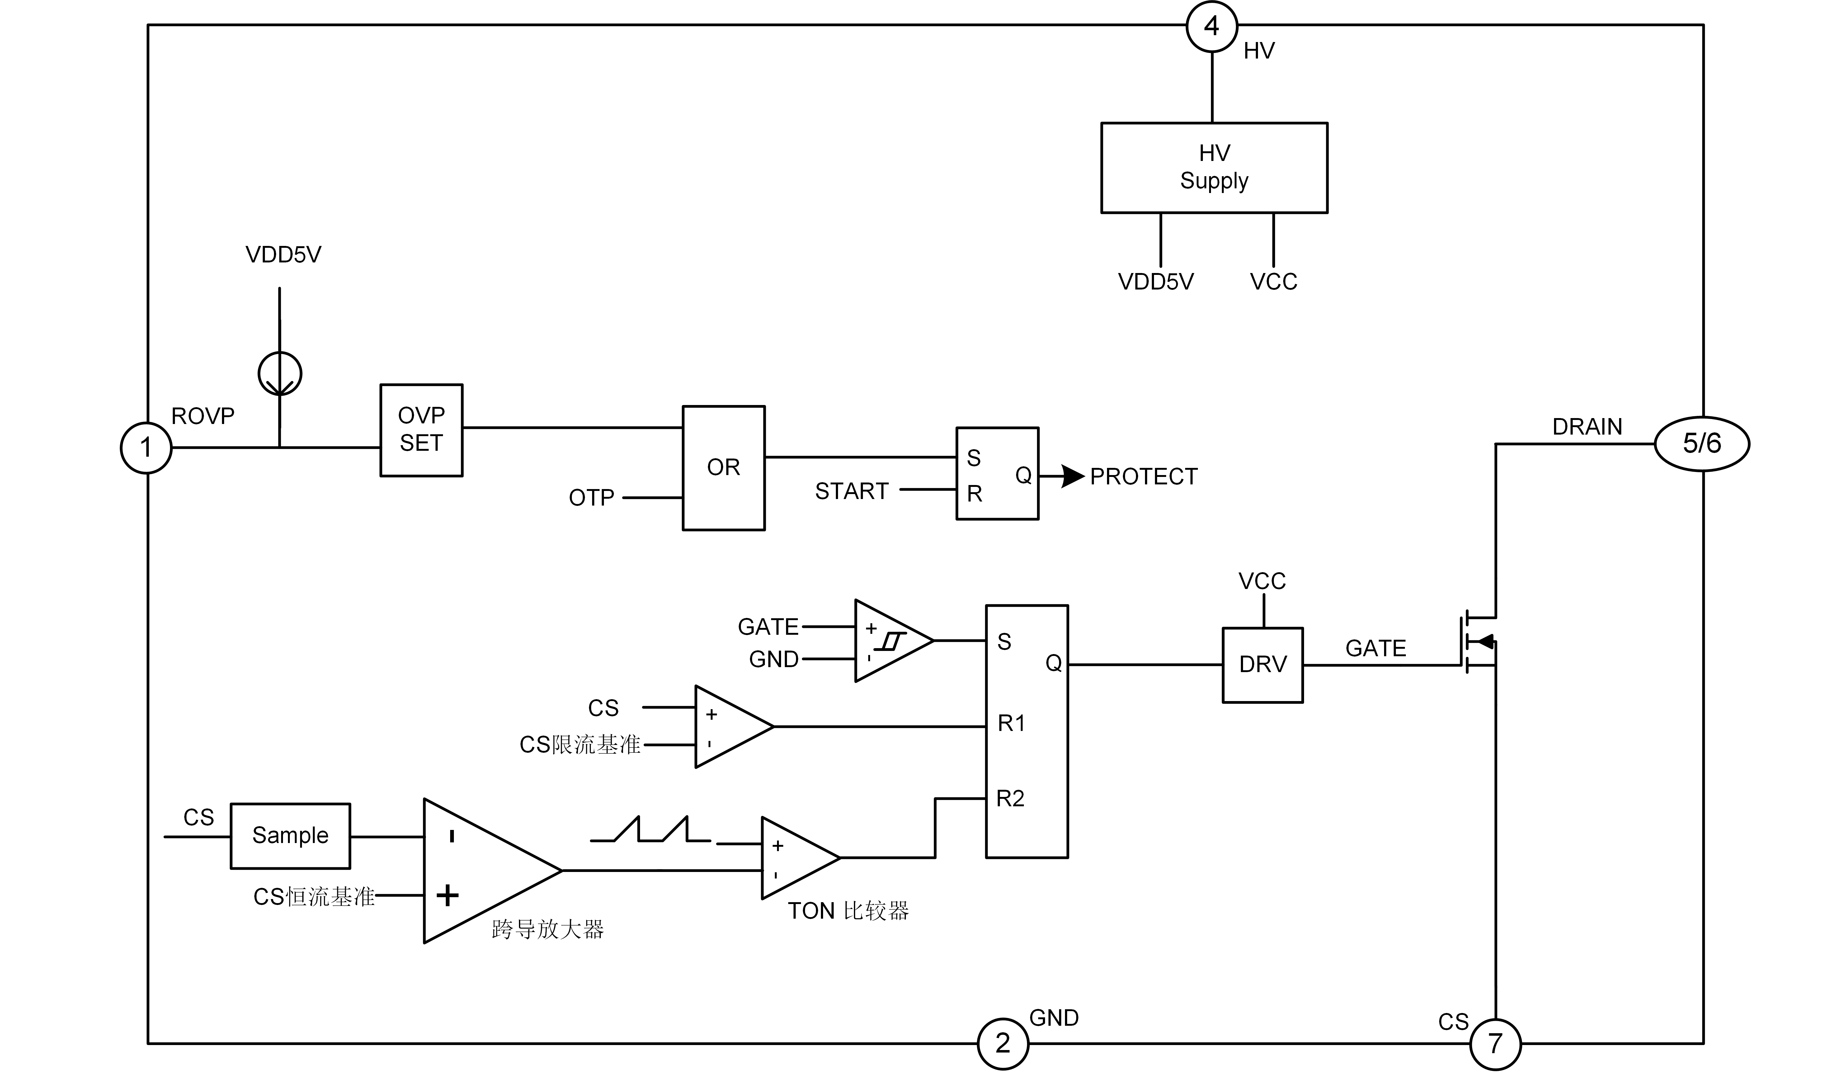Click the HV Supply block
pos(1214,168)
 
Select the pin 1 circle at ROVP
pos(146,448)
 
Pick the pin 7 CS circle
pos(1495,1043)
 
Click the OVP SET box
pos(421,430)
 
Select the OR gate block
pos(724,468)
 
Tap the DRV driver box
pos(1263,664)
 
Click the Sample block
pos(290,836)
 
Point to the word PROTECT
pos(1143,477)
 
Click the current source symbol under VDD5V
pos(280,374)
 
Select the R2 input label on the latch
pos(1010,799)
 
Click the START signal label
pos(851,492)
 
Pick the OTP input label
pos(591,498)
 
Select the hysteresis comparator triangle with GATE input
pos(892,640)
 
